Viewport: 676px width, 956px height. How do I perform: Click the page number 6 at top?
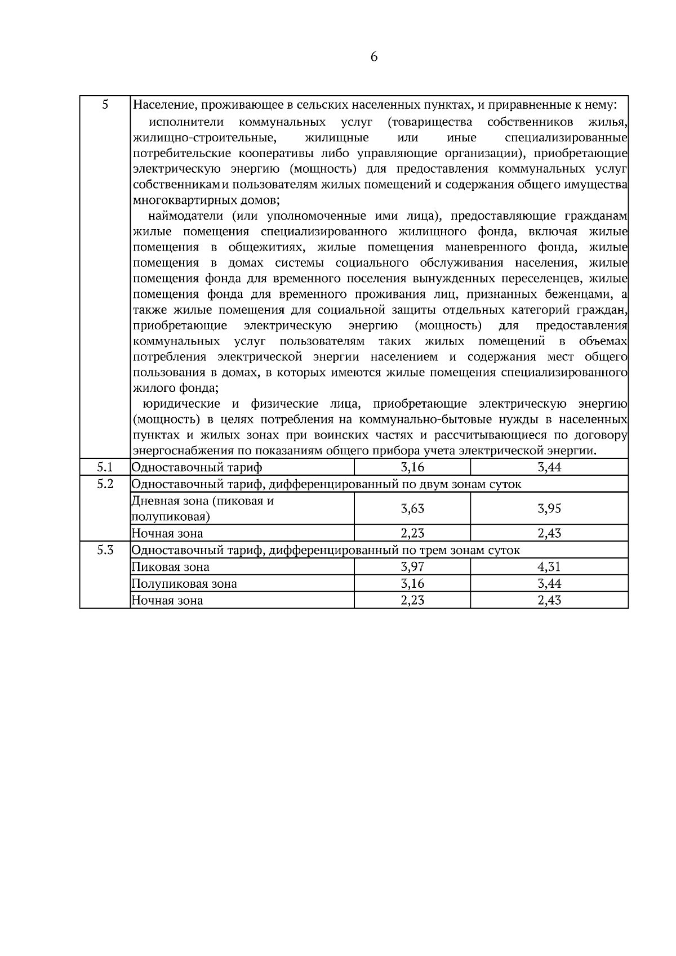[x=374, y=57]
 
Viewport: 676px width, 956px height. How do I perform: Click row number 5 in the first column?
[x=105, y=105]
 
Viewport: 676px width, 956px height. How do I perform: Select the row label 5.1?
[x=105, y=467]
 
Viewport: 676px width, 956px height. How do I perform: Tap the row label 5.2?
[x=105, y=484]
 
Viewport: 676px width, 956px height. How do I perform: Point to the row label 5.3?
[x=105, y=550]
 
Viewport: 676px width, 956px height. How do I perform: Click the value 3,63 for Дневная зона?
[x=412, y=509]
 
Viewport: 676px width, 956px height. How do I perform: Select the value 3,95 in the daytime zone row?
[x=549, y=509]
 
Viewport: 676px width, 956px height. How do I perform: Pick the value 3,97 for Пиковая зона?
[x=412, y=567]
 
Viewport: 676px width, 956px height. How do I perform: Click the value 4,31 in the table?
[x=549, y=567]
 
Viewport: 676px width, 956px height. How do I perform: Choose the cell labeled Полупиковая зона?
[x=184, y=584]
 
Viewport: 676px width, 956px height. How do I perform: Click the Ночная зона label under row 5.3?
[x=167, y=601]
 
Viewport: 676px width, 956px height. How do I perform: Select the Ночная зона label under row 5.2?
[x=167, y=533]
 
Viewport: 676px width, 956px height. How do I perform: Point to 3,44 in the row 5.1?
[x=549, y=467]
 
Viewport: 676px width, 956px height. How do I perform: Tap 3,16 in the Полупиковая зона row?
[x=412, y=584]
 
